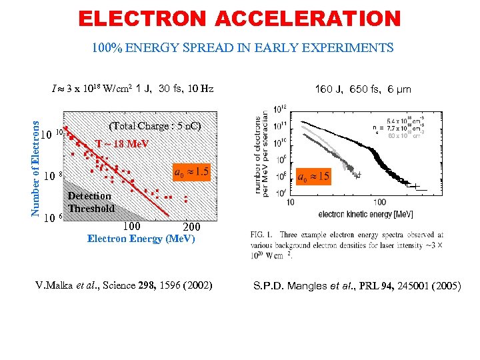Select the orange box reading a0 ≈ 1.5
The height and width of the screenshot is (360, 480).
coord(191,173)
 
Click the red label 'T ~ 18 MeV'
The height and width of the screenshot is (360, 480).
coord(122,144)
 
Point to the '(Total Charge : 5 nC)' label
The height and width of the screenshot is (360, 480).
coord(154,126)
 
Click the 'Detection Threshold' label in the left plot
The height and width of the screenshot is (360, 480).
coord(91,202)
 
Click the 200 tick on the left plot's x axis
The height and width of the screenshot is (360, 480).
coord(191,227)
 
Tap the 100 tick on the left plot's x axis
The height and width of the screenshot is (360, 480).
coord(131,226)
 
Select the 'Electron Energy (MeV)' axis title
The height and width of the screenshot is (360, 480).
coord(141,239)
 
